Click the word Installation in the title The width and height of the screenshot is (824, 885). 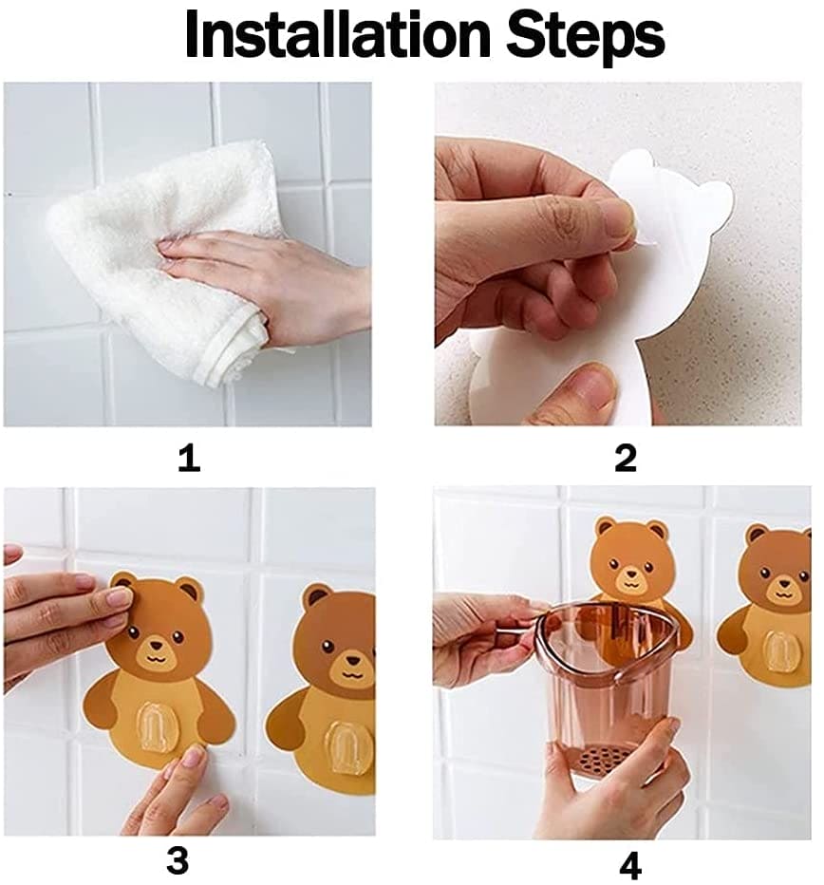point(338,34)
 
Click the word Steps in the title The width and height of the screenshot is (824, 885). point(586,38)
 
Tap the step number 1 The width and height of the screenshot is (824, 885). point(189,458)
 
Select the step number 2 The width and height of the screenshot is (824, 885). point(626,458)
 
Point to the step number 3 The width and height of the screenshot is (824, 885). point(178,860)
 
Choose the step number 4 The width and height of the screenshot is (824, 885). point(630,865)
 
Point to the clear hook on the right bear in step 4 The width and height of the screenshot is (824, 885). point(779,653)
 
